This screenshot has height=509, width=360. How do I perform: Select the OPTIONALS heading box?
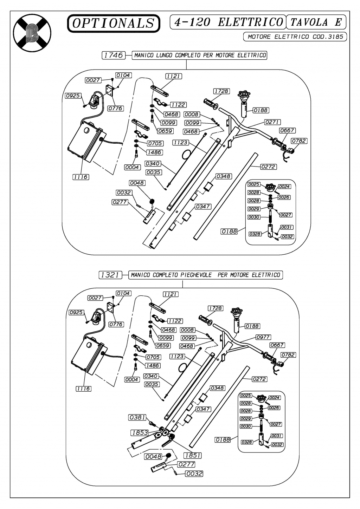[114, 23]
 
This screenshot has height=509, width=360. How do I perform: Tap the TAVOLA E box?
[316, 22]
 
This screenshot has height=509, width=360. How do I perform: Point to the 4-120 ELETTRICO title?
[228, 22]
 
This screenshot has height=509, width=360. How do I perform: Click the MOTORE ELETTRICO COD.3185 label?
[295, 37]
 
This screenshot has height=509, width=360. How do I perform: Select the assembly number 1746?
[113, 55]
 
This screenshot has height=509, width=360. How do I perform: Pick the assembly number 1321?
[110, 275]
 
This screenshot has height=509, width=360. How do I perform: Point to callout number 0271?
[271, 122]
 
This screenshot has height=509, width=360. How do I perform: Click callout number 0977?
[263, 337]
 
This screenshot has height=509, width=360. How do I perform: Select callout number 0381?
[137, 417]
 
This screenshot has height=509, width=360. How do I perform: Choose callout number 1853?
[140, 432]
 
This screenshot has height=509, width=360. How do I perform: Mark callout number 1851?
[192, 455]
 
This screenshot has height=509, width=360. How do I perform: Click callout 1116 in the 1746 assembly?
[81, 177]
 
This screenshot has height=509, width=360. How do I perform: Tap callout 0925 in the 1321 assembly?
[76, 312]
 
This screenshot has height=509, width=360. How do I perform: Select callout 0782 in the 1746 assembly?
[299, 141]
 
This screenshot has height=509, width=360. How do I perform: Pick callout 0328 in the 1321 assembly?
[247, 442]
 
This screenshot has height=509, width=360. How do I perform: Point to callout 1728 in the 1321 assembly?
[215, 308]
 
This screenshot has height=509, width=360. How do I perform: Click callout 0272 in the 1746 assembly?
[268, 167]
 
